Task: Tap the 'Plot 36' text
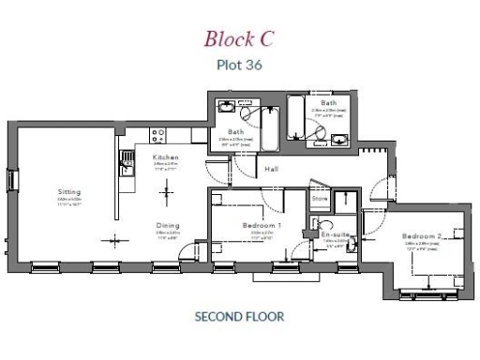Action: point(239,66)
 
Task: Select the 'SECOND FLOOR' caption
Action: point(239,317)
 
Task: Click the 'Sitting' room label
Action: point(69,192)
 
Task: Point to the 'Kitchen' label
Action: point(166,157)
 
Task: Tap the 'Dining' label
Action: point(168,225)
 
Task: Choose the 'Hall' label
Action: point(272,169)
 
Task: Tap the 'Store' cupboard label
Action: point(320,198)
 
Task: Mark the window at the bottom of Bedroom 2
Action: point(419,293)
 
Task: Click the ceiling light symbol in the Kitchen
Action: point(167,192)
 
